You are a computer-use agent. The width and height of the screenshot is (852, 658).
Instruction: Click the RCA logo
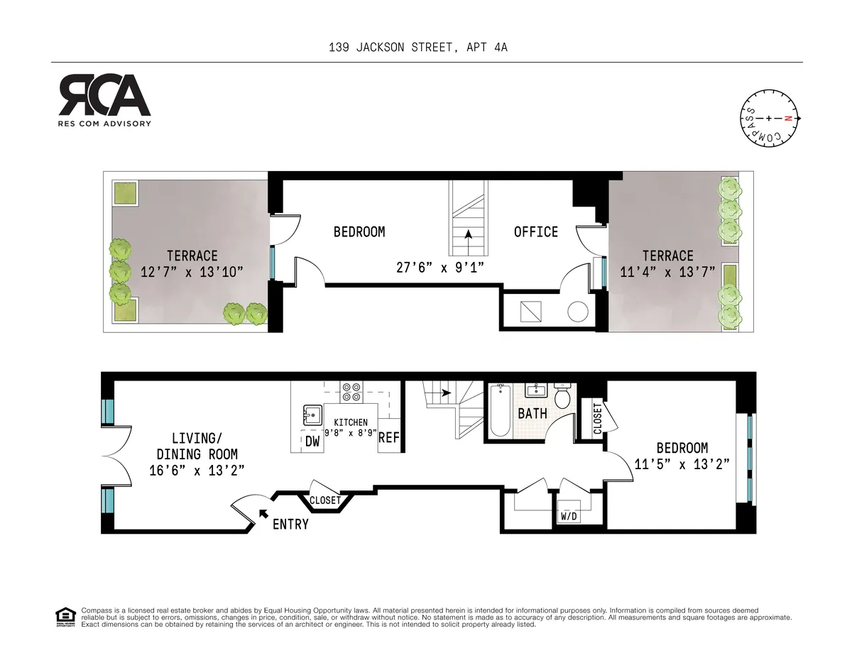[104, 99]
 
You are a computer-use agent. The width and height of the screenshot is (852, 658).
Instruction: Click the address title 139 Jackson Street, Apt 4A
[418, 48]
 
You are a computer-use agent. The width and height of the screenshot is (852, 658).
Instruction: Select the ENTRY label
[290, 525]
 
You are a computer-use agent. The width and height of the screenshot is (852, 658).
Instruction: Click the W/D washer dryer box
[569, 516]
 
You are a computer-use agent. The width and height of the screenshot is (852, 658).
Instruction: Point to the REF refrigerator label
[388, 439]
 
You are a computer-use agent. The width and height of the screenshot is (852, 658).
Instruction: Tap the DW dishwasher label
[312, 441]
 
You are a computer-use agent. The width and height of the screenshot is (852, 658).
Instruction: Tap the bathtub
[500, 411]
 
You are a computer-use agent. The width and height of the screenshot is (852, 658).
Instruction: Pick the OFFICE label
[536, 232]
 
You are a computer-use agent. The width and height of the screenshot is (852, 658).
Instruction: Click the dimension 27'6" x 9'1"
[435, 268]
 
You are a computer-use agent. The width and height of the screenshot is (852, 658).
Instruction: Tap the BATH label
[532, 413]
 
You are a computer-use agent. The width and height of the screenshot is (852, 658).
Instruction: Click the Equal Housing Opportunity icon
[65, 617]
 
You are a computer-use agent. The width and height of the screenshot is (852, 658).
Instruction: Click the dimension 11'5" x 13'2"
[682, 465]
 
